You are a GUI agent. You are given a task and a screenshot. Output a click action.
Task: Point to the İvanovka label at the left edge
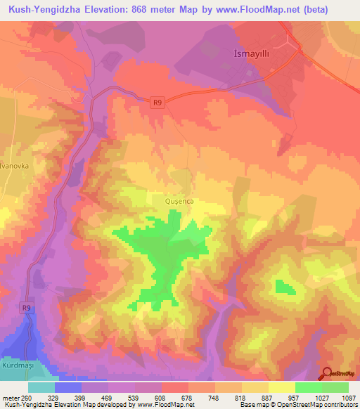[x=13, y=167]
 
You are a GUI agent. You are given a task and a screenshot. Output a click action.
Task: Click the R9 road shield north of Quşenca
[x=159, y=103]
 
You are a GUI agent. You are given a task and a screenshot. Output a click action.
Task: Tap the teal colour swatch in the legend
[x=41, y=387]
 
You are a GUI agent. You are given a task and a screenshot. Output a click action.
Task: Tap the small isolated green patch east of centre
[x=285, y=287]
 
